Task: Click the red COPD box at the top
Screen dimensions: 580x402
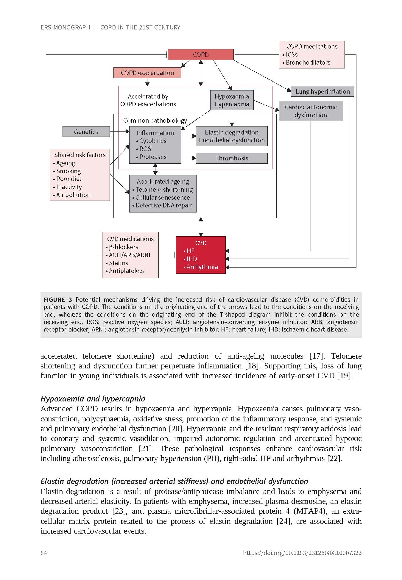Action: (201, 55)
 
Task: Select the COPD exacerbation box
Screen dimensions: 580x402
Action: (147, 73)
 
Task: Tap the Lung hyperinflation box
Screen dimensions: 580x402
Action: (322, 92)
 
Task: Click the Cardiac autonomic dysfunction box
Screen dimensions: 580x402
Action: (310, 111)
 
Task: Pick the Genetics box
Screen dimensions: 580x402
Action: (86, 132)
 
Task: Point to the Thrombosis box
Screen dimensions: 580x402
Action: (232, 158)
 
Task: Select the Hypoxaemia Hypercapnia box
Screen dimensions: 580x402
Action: (232, 100)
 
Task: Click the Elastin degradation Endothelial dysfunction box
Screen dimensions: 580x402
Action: (232, 136)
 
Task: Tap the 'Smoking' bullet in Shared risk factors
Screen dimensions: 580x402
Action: (68, 171)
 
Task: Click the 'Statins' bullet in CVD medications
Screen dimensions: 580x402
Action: (119, 263)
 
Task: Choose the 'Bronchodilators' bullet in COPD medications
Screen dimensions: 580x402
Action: (308, 62)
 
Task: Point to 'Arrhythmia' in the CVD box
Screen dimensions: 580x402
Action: (202, 267)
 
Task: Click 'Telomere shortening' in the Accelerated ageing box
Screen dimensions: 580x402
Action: (164, 190)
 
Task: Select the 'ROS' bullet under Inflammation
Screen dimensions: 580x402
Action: (145, 149)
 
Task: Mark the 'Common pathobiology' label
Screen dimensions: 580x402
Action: (155, 121)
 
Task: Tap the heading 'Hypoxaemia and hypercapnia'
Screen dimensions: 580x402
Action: (93, 399)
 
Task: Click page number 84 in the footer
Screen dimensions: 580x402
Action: (44, 553)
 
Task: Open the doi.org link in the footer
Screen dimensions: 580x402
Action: (302, 553)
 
